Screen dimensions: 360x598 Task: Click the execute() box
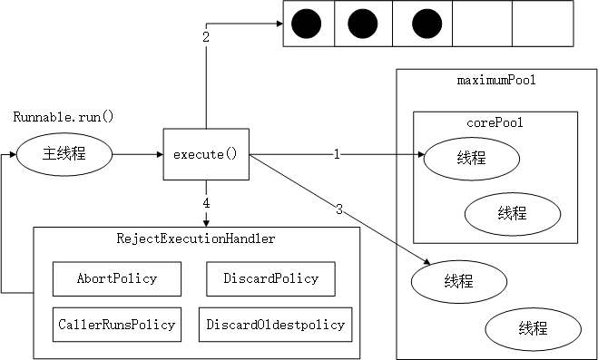pyautogui.click(x=206, y=155)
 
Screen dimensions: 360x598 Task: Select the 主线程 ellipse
pyautogui.click(x=64, y=154)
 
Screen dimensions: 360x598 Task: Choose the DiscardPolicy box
pyautogui.click(x=270, y=278)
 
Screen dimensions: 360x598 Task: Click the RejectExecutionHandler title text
pyautogui.click(x=195, y=239)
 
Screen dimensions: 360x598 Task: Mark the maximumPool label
pyautogui.click(x=495, y=82)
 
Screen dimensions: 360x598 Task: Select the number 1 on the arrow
pyautogui.click(x=337, y=155)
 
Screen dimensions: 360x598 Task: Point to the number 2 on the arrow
pyautogui.click(x=206, y=37)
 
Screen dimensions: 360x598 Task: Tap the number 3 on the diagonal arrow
pyautogui.click(x=339, y=210)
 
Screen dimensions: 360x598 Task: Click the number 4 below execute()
pyautogui.click(x=206, y=203)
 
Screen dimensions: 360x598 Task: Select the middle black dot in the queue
pyautogui.click(x=361, y=24)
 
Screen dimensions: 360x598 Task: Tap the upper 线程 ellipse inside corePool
pyautogui.click(x=471, y=159)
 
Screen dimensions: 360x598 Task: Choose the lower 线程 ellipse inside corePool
pyautogui.click(x=511, y=214)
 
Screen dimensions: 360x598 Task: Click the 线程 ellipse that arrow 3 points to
pyautogui.click(x=458, y=281)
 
